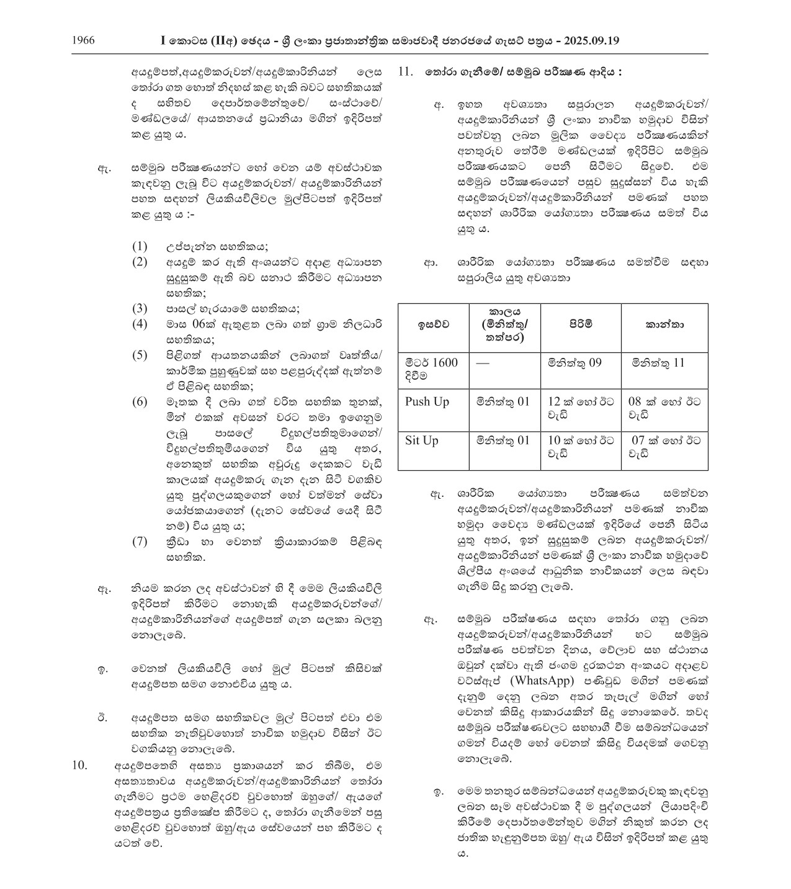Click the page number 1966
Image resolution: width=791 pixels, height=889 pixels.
(83, 41)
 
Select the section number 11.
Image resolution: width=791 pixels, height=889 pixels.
(405, 71)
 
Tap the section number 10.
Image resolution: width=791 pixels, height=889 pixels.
(81, 765)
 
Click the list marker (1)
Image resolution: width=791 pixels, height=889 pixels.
(140, 246)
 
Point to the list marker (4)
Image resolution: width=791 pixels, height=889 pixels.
(140, 324)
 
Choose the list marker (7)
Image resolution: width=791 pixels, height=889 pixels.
(140, 541)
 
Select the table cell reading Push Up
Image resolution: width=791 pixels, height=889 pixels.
(427, 401)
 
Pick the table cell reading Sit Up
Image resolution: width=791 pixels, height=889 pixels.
(422, 440)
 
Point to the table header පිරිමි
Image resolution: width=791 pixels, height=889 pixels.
(581, 324)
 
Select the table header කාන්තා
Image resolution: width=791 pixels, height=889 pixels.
(664, 324)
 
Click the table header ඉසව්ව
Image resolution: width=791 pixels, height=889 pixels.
(432, 324)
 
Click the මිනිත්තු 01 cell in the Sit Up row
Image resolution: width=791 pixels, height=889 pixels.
(503, 440)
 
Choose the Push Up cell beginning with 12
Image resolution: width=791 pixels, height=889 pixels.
(581, 408)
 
